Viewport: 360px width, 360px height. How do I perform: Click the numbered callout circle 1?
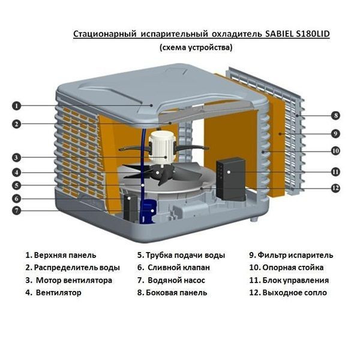point(17,105)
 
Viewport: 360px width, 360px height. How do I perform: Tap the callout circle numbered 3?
point(17,158)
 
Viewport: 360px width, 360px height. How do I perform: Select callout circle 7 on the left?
point(17,211)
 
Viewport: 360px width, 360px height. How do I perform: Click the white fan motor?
point(163,145)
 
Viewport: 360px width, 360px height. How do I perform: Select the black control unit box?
point(231,179)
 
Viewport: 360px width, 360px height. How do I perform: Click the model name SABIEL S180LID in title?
point(296,34)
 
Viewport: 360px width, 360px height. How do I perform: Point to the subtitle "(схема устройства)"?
point(196,47)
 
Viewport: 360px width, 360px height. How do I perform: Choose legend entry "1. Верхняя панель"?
point(61,255)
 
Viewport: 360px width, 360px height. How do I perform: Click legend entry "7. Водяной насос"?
point(171,280)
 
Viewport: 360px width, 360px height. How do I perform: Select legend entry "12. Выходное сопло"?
point(287,293)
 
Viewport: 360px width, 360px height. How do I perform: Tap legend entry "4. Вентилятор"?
point(53,293)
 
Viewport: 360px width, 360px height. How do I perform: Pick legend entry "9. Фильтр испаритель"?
point(290,255)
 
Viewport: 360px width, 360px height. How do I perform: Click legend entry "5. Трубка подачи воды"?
point(181,255)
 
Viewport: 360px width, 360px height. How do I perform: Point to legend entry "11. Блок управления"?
point(289,280)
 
